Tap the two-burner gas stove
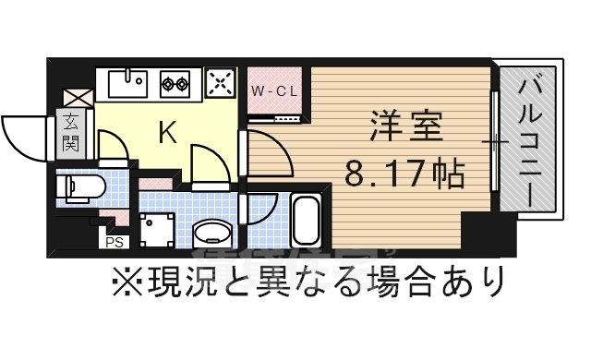[x=175, y=84]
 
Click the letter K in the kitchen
[x=167, y=134]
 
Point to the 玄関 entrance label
[x=71, y=130]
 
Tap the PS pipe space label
[x=115, y=243]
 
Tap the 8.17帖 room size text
[x=404, y=172]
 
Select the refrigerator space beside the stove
[x=220, y=84]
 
